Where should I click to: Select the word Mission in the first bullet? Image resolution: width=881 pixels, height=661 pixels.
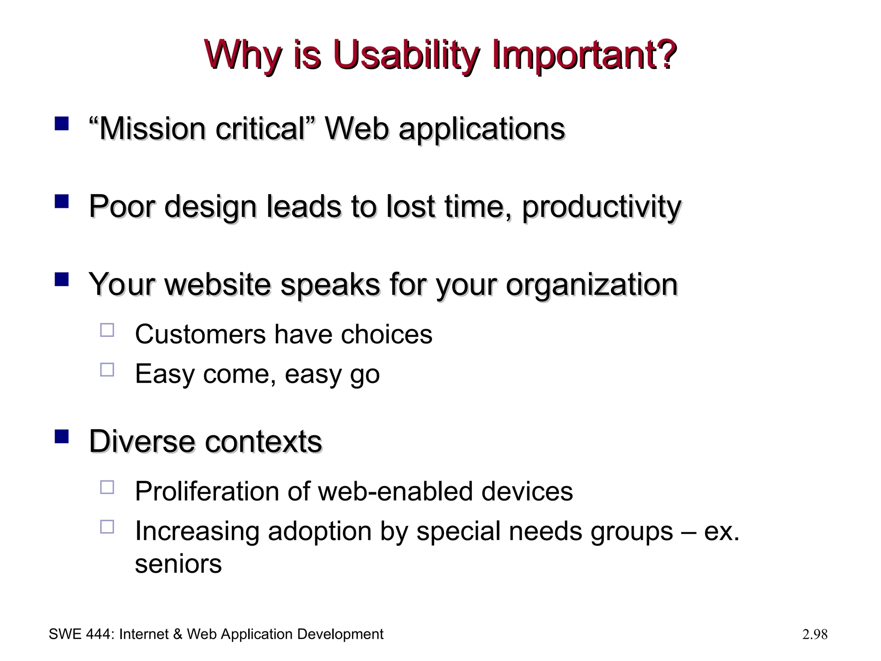[153, 129]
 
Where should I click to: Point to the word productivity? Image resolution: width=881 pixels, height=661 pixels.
[601, 207]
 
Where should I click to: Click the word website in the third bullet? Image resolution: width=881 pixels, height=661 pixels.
[223, 284]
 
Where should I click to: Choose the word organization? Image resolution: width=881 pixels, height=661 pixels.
[591, 285]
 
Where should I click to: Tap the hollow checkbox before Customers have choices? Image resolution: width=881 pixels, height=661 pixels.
[107, 330]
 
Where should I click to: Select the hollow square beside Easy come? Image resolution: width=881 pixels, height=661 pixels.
[107, 370]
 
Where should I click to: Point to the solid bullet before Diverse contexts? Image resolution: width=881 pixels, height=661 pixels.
[62, 436]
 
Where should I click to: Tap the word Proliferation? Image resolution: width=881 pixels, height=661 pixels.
[207, 491]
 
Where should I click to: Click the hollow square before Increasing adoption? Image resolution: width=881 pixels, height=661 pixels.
[107, 527]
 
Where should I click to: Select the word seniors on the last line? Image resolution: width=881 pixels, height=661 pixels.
[178, 564]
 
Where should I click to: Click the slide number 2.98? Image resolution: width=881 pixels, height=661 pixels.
[815, 634]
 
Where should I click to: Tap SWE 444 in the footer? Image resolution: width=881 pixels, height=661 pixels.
[81, 634]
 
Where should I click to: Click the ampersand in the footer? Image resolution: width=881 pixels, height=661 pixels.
[178, 634]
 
